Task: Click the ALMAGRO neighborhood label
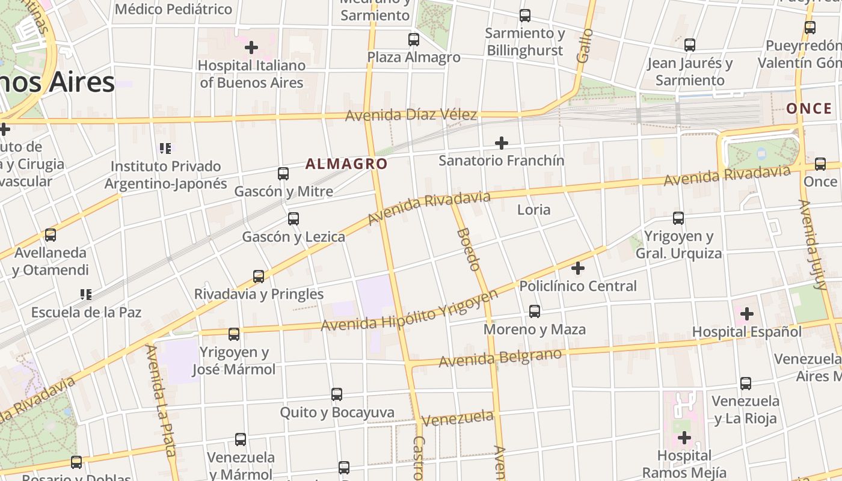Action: tap(346, 164)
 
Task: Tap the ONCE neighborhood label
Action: tap(809, 108)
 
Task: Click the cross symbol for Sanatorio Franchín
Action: tap(501, 143)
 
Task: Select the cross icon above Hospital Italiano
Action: tap(251, 47)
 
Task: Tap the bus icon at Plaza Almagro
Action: tap(414, 40)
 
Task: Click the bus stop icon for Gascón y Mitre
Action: tap(283, 174)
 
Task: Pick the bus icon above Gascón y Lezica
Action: tap(293, 219)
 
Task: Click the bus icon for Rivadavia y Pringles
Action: tap(259, 277)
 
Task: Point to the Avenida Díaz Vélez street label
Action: tap(411, 114)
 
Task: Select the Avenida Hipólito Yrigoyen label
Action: tap(410, 311)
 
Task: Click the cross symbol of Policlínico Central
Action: tap(578, 268)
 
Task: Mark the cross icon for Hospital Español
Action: tap(747, 314)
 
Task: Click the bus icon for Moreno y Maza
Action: tap(535, 311)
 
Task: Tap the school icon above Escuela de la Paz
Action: tap(86, 295)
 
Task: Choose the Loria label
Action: tap(533, 210)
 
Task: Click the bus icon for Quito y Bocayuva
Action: tap(337, 394)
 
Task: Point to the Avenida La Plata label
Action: tap(159, 397)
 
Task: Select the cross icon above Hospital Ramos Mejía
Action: tap(684, 438)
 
